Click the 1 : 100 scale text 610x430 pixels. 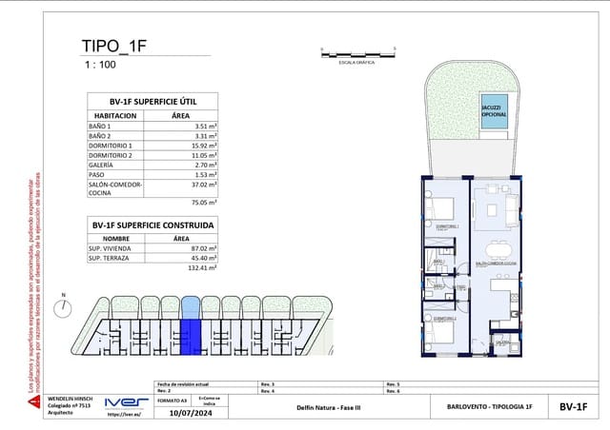pyautogui.click(x=100, y=66)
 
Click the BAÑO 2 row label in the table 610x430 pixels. pyautogui.click(x=100, y=137)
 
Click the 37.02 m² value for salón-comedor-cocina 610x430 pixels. pyautogui.click(x=205, y=186)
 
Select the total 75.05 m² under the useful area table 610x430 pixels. pyautogui.click(x=204, y=203)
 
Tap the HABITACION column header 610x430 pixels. pyautogui.click(x=115, y=116)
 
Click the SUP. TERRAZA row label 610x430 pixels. pyautogui.click(x=109, y=258)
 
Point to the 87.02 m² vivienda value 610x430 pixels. pyautogui.click(x=205, y=247)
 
